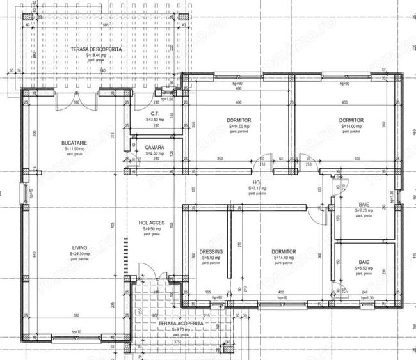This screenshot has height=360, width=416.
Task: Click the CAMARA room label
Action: coord(154,148)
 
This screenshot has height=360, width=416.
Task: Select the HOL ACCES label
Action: coord(152,223)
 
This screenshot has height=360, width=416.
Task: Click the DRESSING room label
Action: coord(211,251)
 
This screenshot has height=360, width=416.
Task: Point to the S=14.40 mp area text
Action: coord(282,257)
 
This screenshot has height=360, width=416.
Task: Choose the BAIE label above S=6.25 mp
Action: coord(364,205)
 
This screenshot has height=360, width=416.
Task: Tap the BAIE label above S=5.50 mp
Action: coord(364,262)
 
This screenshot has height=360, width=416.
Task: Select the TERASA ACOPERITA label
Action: coord(181,324)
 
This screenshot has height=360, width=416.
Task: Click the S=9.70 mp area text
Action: coord(181,330)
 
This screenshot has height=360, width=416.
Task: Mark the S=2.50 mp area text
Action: coord(154,153)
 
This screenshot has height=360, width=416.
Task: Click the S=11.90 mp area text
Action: coord(74,148)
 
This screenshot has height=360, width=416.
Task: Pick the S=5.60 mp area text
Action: coord(211,257)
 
